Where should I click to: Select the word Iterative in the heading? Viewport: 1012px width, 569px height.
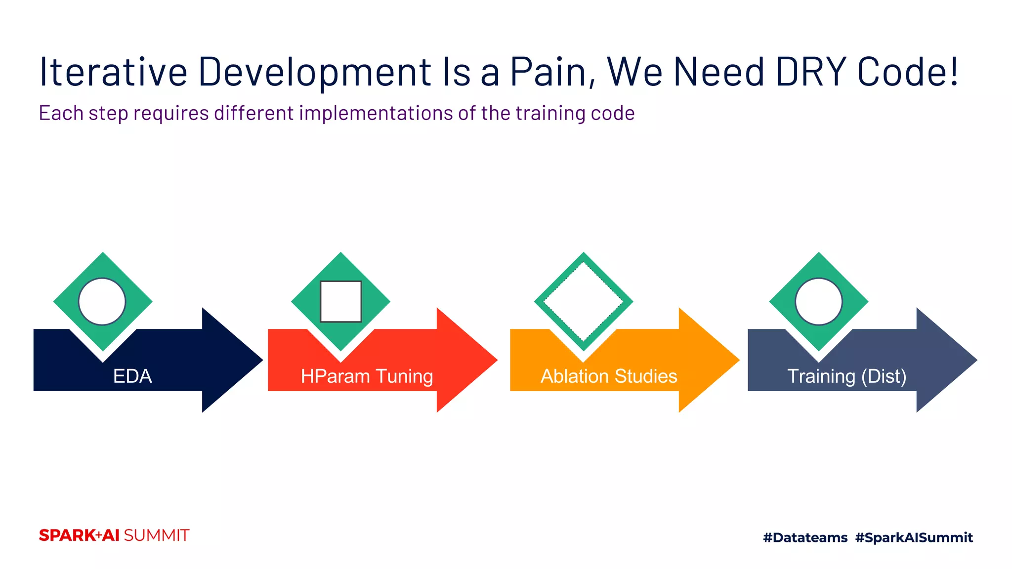coord(113,72)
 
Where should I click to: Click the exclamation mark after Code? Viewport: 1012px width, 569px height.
coord(954,72)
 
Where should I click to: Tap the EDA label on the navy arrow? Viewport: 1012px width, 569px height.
coord(132,376)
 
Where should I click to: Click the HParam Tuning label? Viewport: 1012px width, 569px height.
coord(367,376)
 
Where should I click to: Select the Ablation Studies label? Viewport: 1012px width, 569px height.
coord(609,376)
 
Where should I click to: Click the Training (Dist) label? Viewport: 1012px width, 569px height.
coord(846,376)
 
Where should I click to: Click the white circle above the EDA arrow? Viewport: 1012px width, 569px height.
coord(102,301)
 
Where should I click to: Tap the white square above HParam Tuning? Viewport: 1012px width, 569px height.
coord(340,301)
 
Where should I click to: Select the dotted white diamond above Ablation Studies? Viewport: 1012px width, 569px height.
coord(584,301)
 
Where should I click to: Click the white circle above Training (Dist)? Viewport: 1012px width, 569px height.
coord(818,301)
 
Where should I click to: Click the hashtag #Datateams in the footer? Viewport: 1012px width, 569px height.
coord(805,537)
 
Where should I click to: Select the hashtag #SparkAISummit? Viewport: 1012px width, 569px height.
coord(914,537)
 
